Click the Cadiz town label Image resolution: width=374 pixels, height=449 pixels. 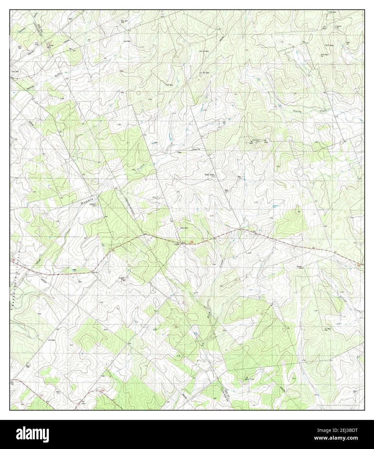pos(177,245)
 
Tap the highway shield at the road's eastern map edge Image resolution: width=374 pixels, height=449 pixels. pos(358,265)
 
